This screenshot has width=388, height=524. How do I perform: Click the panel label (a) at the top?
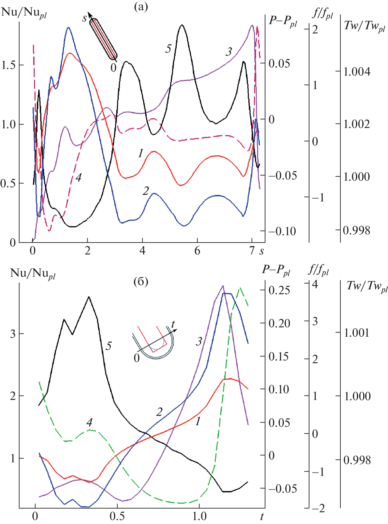pyautogui.click(x=141, y=7)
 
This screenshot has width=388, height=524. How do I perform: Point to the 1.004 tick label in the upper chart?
pyautogui.click(x=357, y=72)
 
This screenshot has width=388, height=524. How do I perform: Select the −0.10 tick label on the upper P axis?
pyautogui.click(x=282, y=231)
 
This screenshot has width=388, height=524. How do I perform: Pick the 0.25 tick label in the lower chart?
pyautogui.click(x=279, y=290)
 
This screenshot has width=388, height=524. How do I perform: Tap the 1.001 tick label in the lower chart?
pyautogui.click(x=356, y=333)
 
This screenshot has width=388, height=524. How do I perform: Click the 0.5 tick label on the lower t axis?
pyautogui.click(x=117, y=516)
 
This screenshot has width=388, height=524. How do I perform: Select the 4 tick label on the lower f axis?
pyautogui.click(x=315, y=284)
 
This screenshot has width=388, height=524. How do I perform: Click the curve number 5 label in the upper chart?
pyautogui.click(x=168, y=48)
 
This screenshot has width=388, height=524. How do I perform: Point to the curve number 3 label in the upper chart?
pyautogui.click(x=229, y=52)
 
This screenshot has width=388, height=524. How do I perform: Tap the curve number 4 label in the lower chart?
pyautogui.click(x=89, y=422)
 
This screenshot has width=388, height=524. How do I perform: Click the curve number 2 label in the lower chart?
pyautogui.click(x=159, y=412)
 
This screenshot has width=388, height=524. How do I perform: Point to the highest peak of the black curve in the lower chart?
pyautogui.click(x=89, y=297)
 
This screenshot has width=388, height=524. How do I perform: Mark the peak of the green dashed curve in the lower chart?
pyautogui.click(x=240, y=288)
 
